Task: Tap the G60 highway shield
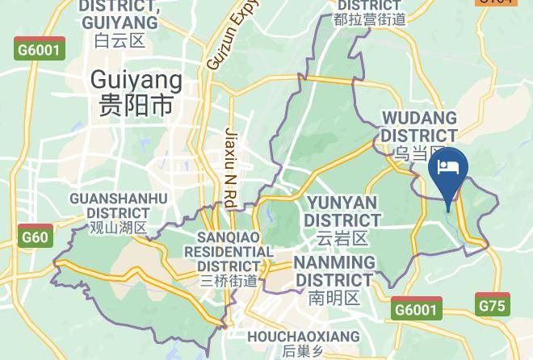click(35, 237)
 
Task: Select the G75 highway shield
click(493, 305)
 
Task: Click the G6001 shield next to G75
click(417, 308)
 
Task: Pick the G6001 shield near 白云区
click(40, 49)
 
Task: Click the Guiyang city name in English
click(136, 80)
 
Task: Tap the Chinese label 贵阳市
click(136, 105)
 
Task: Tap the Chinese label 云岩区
click(342, 238)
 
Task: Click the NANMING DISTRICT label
click(334, 271)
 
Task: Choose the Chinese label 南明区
click(334, 298)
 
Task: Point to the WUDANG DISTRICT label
click(419, 128)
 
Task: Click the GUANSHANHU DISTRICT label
click(119, 206)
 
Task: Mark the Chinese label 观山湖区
click(118, 228)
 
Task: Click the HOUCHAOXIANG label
click(304, 336)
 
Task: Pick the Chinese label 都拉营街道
click(369, 19)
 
